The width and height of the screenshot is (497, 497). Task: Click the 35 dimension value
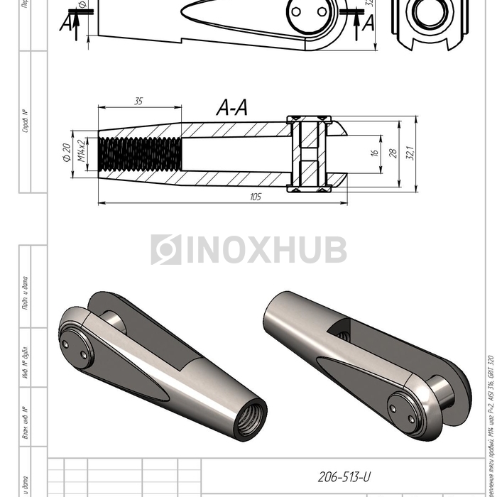click(x=138, y=102)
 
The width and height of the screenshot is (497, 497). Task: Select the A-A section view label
click(x=232, y=108)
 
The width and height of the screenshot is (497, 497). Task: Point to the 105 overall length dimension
click(x=256, y=197)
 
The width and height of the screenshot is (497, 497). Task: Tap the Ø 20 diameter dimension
click(x=66, y=153)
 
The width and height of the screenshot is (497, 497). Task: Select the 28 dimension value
click(x=391, y=153)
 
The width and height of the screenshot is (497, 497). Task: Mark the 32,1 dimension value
click(x=410, y=153)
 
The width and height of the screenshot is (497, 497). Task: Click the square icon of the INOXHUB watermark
click(x=165, y=250)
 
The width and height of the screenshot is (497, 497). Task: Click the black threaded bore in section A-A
click(x=140, y=153)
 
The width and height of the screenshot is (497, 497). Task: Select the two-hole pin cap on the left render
click(x=75, y=349)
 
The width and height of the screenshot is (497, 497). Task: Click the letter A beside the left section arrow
click(x=67, y=23)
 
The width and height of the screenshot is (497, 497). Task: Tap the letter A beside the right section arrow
click(x=368, y=23)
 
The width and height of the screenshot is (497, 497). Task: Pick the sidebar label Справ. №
click(x=26, y=121)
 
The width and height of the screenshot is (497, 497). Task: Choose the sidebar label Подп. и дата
click(x=26, y=293)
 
